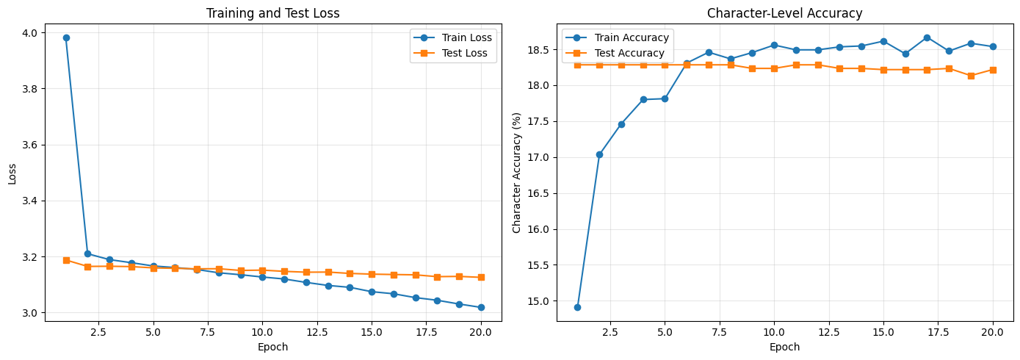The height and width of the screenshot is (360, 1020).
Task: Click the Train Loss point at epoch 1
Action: point(66,37)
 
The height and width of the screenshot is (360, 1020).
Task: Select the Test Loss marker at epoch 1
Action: point(66,260)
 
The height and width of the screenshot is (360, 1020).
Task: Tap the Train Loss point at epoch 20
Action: point(481,307)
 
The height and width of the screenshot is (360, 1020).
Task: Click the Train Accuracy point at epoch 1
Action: point(577,307)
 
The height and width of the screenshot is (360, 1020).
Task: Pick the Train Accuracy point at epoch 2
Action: point(599,154)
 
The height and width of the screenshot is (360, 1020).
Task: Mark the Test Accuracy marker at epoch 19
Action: point(971,76)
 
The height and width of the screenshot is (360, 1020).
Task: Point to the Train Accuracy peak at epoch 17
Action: point(927,37)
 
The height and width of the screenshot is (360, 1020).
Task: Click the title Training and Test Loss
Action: point(273,13)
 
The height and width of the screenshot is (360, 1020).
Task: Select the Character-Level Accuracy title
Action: point(784,13)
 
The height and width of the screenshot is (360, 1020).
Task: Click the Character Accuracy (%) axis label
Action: point(517,173)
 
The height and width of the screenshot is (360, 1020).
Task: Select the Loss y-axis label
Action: point(12,173)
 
